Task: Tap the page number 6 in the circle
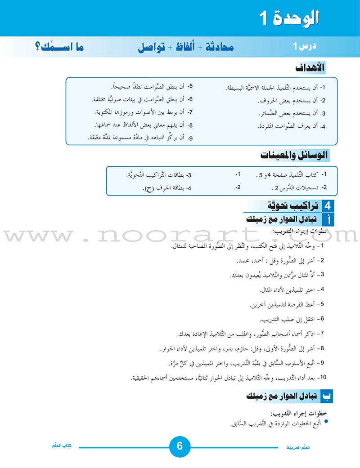[x=180, y=446]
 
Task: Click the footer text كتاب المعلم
[x=63, y=446]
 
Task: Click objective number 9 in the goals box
[x=190, y=138]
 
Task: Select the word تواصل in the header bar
[x=156, y=47]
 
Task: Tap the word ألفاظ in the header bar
[x=185, y=47]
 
